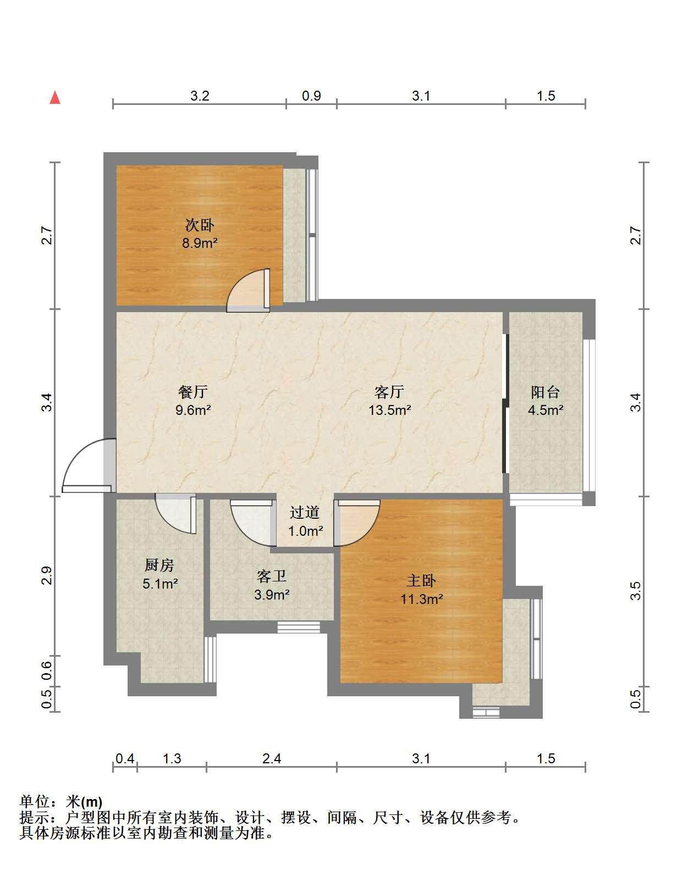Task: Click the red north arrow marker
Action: [x=54, y=98]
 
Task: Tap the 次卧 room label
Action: [x=200, y=225]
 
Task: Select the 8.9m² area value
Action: [x=200, y=243]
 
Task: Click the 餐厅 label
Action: [x=192, y=391]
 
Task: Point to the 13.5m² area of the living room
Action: [x=389, y=410]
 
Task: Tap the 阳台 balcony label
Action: [x=545, y=392]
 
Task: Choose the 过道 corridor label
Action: [x=304, y=512]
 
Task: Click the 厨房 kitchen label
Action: [x=159, y=565]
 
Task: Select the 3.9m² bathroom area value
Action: [x=272, y=595]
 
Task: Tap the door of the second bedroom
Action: [x=248, y=291]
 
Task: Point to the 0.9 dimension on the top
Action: [x=311, y=96]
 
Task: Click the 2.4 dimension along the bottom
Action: [x=272, y=758]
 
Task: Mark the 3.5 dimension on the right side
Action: [x=636, y=591]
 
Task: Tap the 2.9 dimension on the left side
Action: [x=47, y=575]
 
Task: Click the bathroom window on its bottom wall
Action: [x=299, y=628]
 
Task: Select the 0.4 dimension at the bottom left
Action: [x=125, y=758]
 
